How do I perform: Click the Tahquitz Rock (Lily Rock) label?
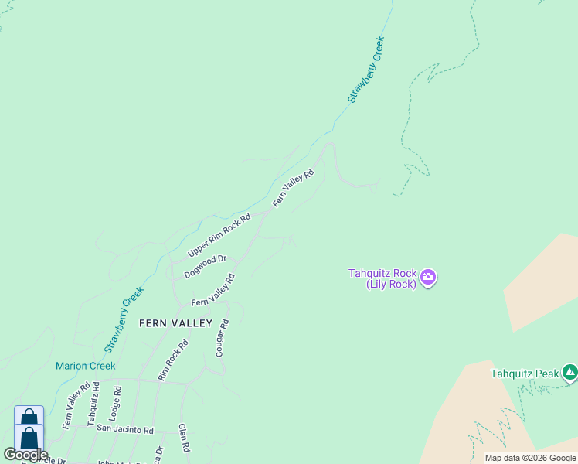tap(382, 278)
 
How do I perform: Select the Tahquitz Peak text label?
tap(524, 374)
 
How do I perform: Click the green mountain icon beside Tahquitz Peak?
tap(570, 374)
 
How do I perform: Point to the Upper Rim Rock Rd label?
tap(220, 236)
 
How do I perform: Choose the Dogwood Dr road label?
tap(205, 267)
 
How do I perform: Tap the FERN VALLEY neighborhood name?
tap(175, 323)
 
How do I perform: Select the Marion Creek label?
tap(85, 366)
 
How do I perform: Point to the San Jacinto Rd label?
tap(124, 430)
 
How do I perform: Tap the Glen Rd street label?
tap(183, 438)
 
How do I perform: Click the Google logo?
tap(25, 455)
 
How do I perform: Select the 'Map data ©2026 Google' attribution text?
tap(530, 458)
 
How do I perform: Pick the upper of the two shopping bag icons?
tap(29, 417)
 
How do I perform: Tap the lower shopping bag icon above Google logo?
tap(29, 437)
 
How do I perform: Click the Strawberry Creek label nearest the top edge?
tap(365, 70)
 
